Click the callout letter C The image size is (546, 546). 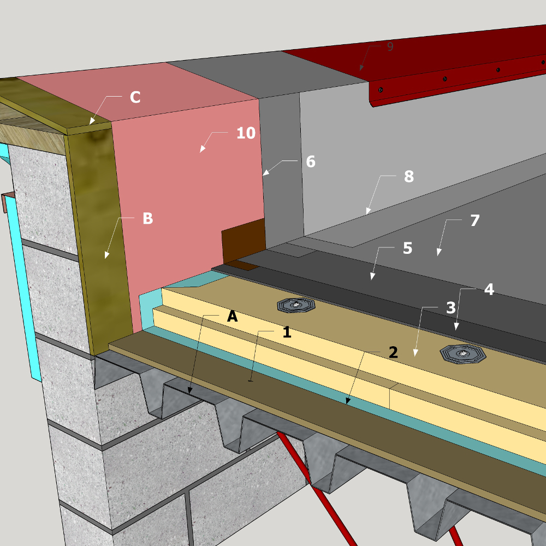click(x=135, y=97)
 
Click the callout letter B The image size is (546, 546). click(x=147, y=218)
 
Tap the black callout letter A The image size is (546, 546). click(x=232, y=316)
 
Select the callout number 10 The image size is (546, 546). click(x=246, y=133)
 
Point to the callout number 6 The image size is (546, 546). click(x=311, y=162)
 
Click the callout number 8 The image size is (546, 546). click(x=409, y=176)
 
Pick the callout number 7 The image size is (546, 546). click(x=475, y=221)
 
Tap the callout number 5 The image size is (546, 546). click(x=407, y=248)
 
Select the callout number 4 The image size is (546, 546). click(x=489, y=289)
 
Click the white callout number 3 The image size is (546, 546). click(x=451, y=308)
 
